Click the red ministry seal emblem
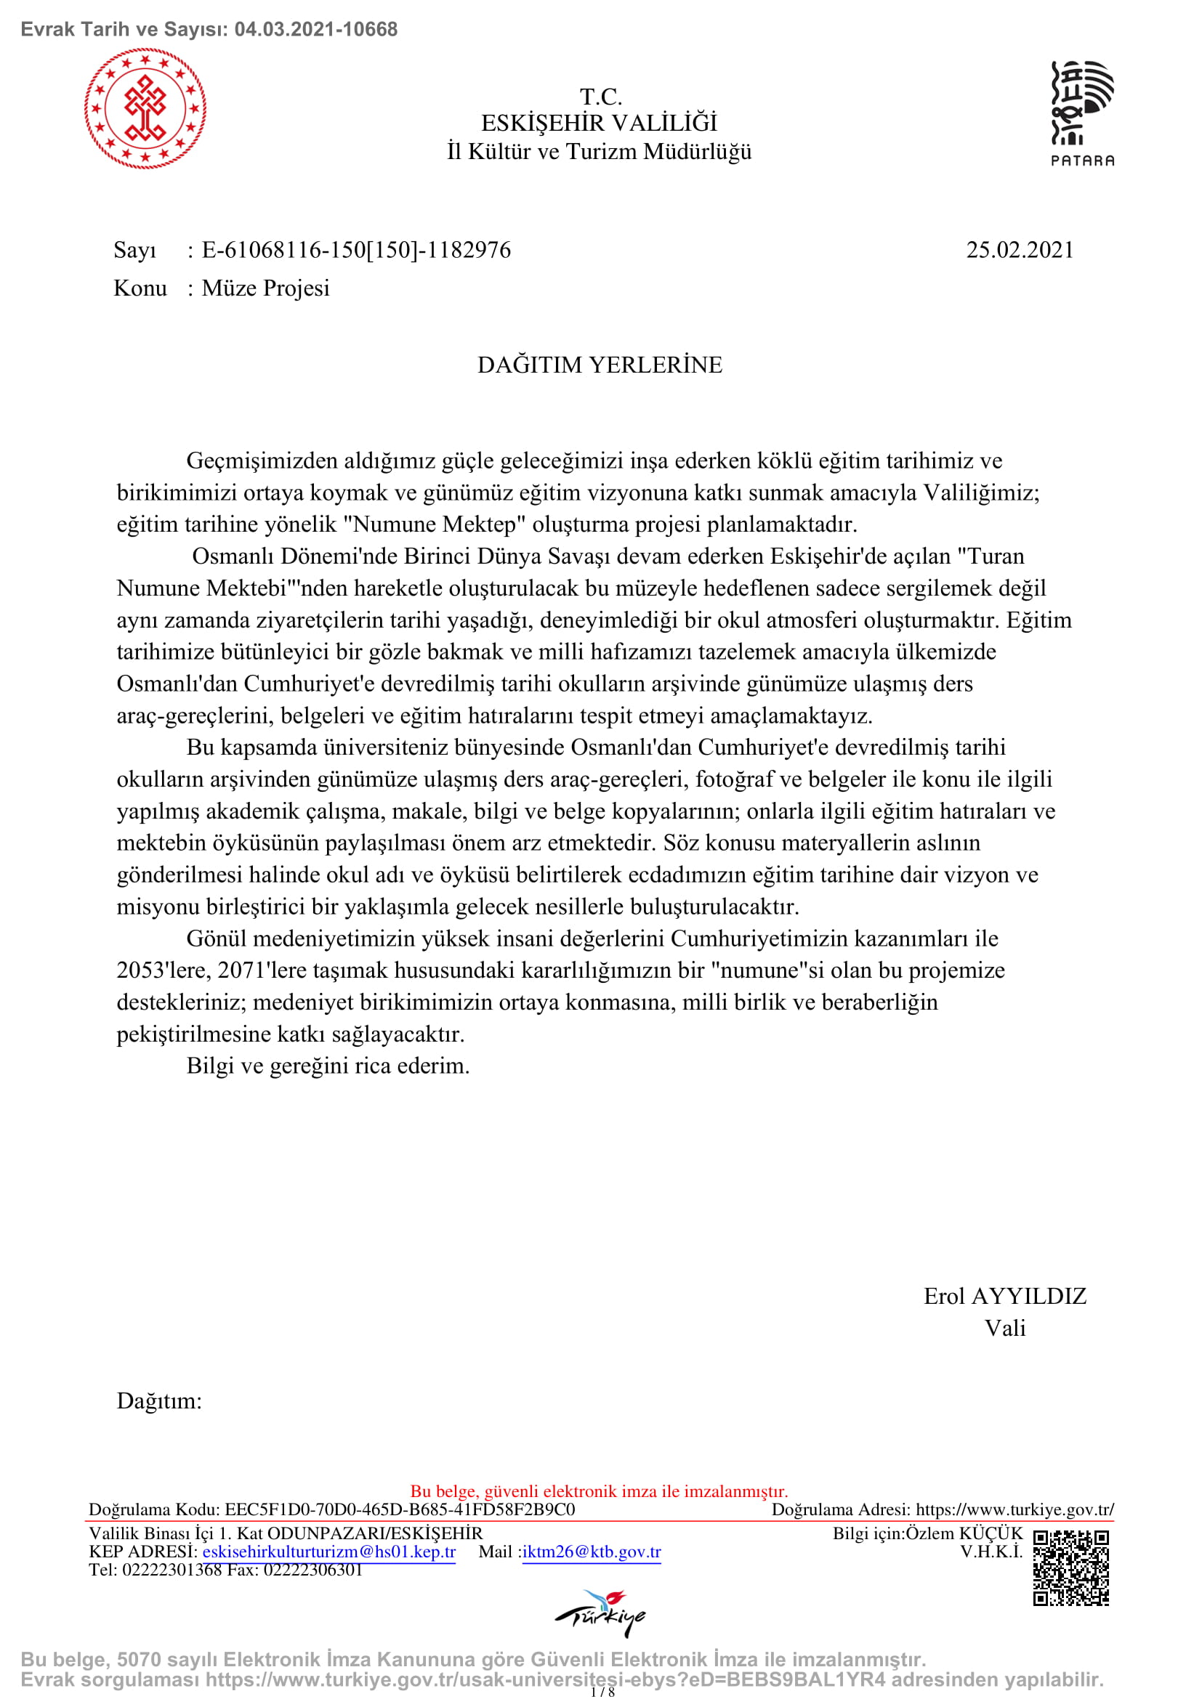pos(145,109)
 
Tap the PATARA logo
pos(1082,113)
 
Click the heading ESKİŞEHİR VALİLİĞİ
pos(600,123)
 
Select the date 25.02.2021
pos(1019,250)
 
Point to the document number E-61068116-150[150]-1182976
pos(356,250)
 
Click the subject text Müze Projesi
pos(266,288)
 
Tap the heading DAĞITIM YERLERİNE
pos(600,365)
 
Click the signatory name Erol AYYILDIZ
pos(1004,1296)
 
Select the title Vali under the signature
pos(1004,1328)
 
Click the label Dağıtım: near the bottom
pos(159,1400)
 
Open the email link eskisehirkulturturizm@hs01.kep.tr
pos(328,1552)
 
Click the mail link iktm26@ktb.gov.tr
pos(592,1552)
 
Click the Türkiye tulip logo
pos(600,1613)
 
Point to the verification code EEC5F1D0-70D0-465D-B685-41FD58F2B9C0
pos(400,1509)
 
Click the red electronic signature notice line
pos(600,1491)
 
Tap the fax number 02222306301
pos(313,1570)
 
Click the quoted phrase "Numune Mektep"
pos(435,524)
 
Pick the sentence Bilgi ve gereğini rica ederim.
pos(328,1066)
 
